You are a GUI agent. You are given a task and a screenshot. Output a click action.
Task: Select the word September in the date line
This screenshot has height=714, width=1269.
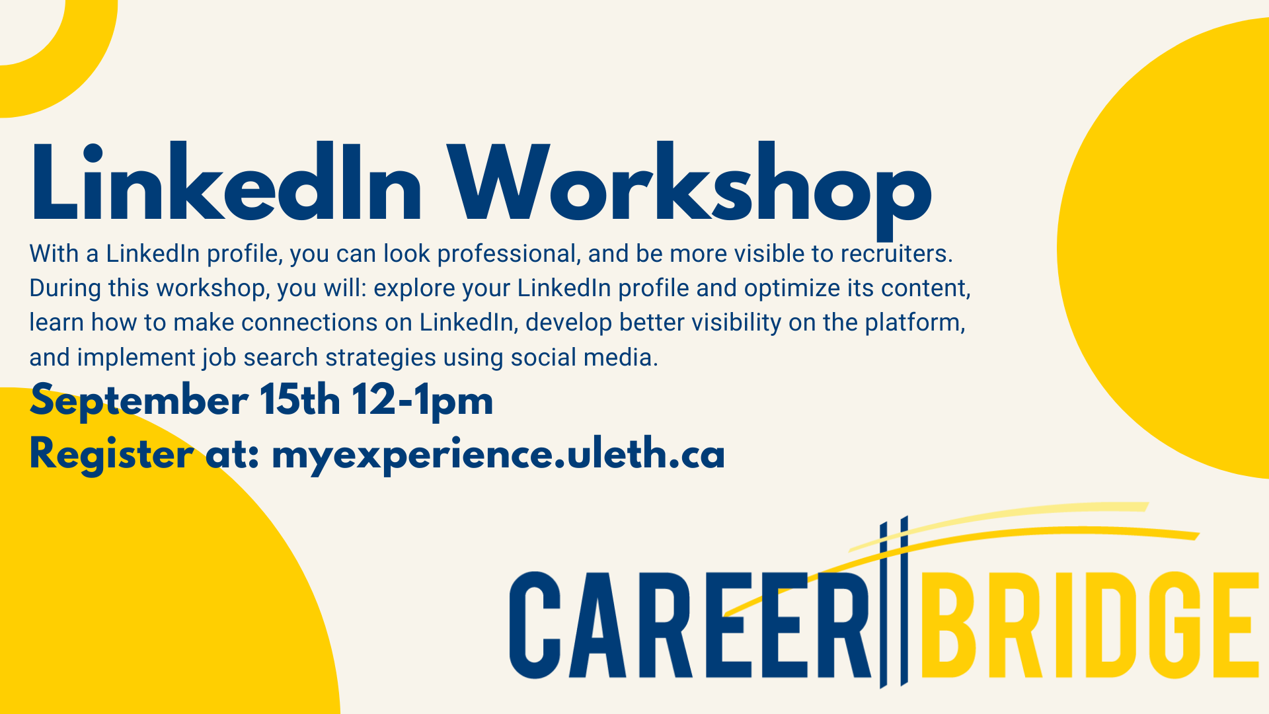click(x=139, y=401)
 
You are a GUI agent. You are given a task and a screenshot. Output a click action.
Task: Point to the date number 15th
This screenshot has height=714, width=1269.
click(x=299, y=399)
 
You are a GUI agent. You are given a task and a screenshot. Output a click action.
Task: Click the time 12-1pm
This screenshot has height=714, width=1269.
click(x=422, y=401)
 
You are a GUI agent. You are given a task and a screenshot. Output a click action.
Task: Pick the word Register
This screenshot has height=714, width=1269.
click(x=111, y=456)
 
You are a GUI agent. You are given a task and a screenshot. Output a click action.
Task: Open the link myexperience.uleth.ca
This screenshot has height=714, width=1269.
click(x=498, y=456)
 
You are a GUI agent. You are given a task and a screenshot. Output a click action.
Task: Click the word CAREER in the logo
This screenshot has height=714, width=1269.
click(x=690, y=625)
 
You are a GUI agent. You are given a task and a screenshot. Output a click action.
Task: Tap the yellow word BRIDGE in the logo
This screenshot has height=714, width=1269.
click(x=1089, y=625)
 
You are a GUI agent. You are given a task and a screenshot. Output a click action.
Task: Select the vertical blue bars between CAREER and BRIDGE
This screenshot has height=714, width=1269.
click(x=894, y=602)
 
